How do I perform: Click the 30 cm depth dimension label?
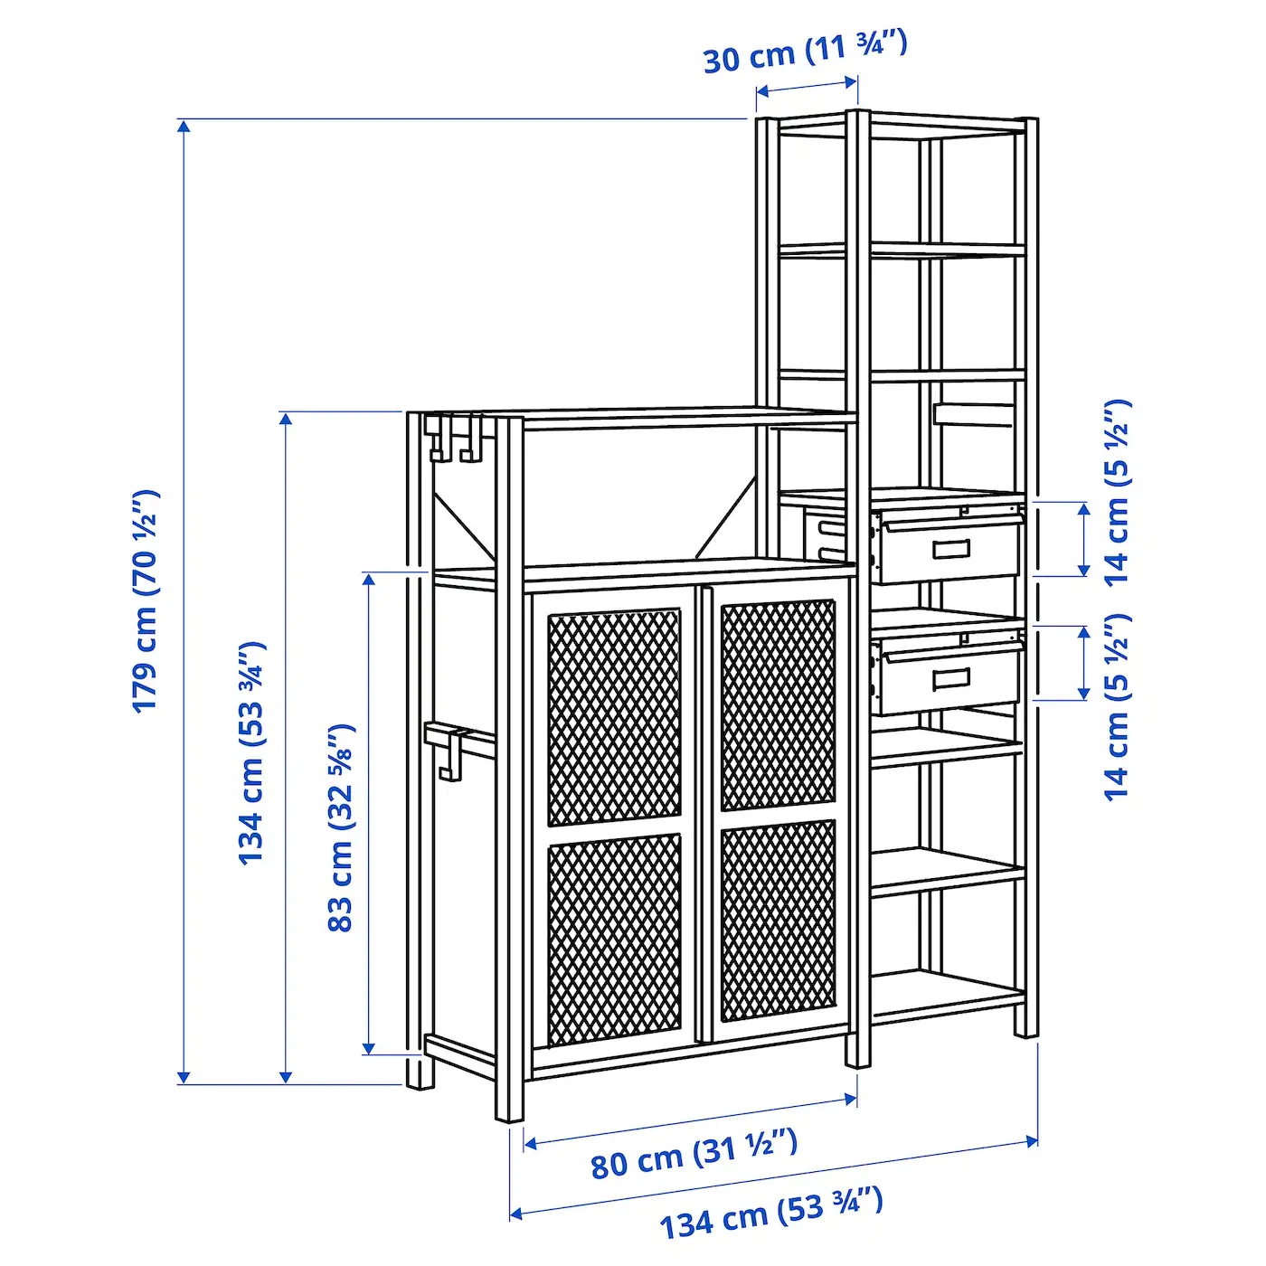click(x=806, y=52)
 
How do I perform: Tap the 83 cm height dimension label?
click(x=341, y=827)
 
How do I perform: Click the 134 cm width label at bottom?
click(x=771, y=1222)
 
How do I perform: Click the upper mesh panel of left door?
click(x=614, y=717)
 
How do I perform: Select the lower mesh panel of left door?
click(x=614, y=940)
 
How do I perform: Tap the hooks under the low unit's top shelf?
click(x=453, y=439)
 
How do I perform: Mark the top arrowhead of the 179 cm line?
click(x=184, y=126)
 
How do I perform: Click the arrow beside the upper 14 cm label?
click(x=1084, y=539)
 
